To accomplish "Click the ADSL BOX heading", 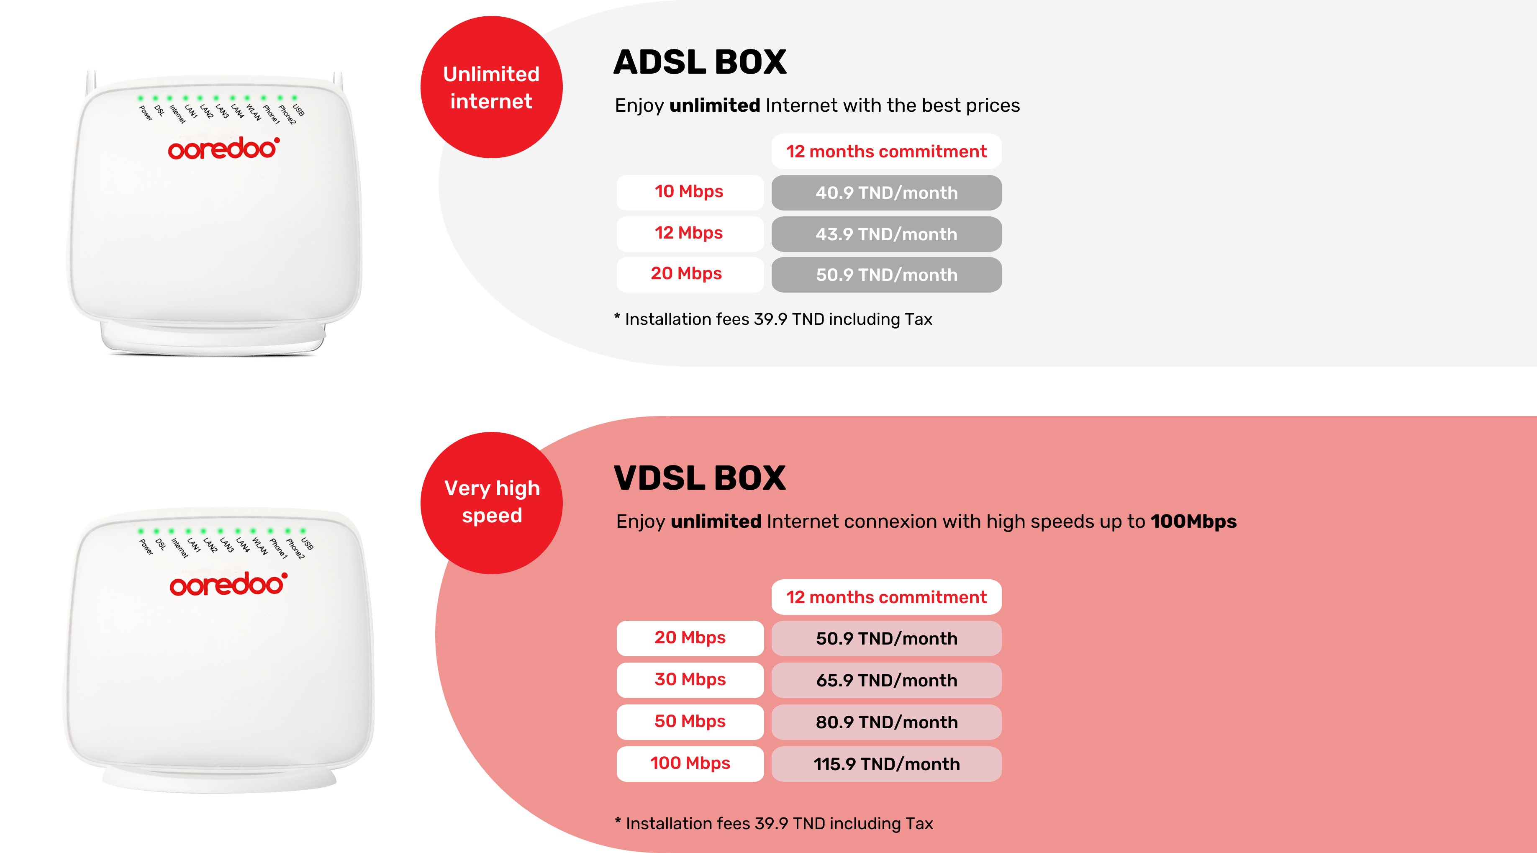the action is pyautogui.click(x=700, y=62).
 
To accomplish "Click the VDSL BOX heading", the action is pyautogui.click(x=700, y=478).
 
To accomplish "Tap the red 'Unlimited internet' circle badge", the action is pyautogui.click(x=492, y=87).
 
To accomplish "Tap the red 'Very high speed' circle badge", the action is pyautogui.click(x=492, y=503).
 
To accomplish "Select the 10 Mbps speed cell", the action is pyautogui.click(x=690, y=192).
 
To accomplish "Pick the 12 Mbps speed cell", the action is pyautogui.click(x=690, y=234).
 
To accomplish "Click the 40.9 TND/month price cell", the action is pyautogui.click(x=886, y=192).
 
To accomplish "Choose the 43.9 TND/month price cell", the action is pyautogui.click(x=886, y=234).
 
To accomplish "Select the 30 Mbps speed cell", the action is pyautogui.click(x=690, y=680).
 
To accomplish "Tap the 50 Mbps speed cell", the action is pyautogui.click(x=690, y=722).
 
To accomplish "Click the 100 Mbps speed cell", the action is pyautogui.click(x=690, y=763).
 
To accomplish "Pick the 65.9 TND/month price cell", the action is pyautogui.click(x=886, y=680).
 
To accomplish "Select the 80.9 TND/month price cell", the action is pyautogui.click(x=886, y=722).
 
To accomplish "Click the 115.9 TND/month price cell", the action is pyautogui.click(x=886, y=763).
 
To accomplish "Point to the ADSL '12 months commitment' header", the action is pyautogui.click(x=886, y=151).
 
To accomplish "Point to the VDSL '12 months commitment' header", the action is pyautogui.click(x=886, y=597).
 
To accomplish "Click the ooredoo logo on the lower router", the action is pyautogui.click(x=228, y=584).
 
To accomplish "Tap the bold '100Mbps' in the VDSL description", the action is pyautogui.click(x=1193, y=521).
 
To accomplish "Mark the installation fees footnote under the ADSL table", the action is pyautogui.click(x=773, y=319).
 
